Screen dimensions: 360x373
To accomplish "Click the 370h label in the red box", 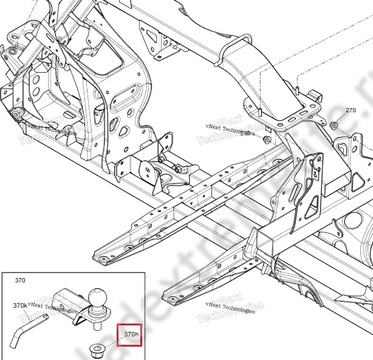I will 131,334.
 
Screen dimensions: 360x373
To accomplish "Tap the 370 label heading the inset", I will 20,281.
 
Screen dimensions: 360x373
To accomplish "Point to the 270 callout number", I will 351,110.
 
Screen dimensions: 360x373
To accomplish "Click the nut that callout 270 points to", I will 334,126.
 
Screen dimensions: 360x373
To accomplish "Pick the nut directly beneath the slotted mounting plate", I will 267,140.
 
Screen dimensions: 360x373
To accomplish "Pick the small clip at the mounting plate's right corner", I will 314,94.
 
